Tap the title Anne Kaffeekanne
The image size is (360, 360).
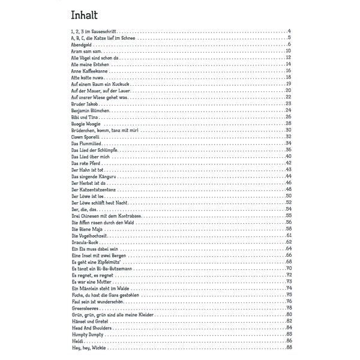pyautogui.click(x=88, y=70)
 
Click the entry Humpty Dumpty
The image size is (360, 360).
pyautogui.click(x=86, y=334)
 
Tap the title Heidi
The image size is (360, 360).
pyautogui.click(x=76, y=341)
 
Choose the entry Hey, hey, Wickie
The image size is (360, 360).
pyautogui.click(x=88, y=347)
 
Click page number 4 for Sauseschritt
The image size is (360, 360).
pyautogui.click(x=290, y=31)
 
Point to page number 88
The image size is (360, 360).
pyautogui.click(x=289, y=347)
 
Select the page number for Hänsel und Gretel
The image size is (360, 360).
pyautogui.click(x=289, y=321)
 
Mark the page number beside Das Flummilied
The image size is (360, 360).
pyautogui.click(x=289, y=143)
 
